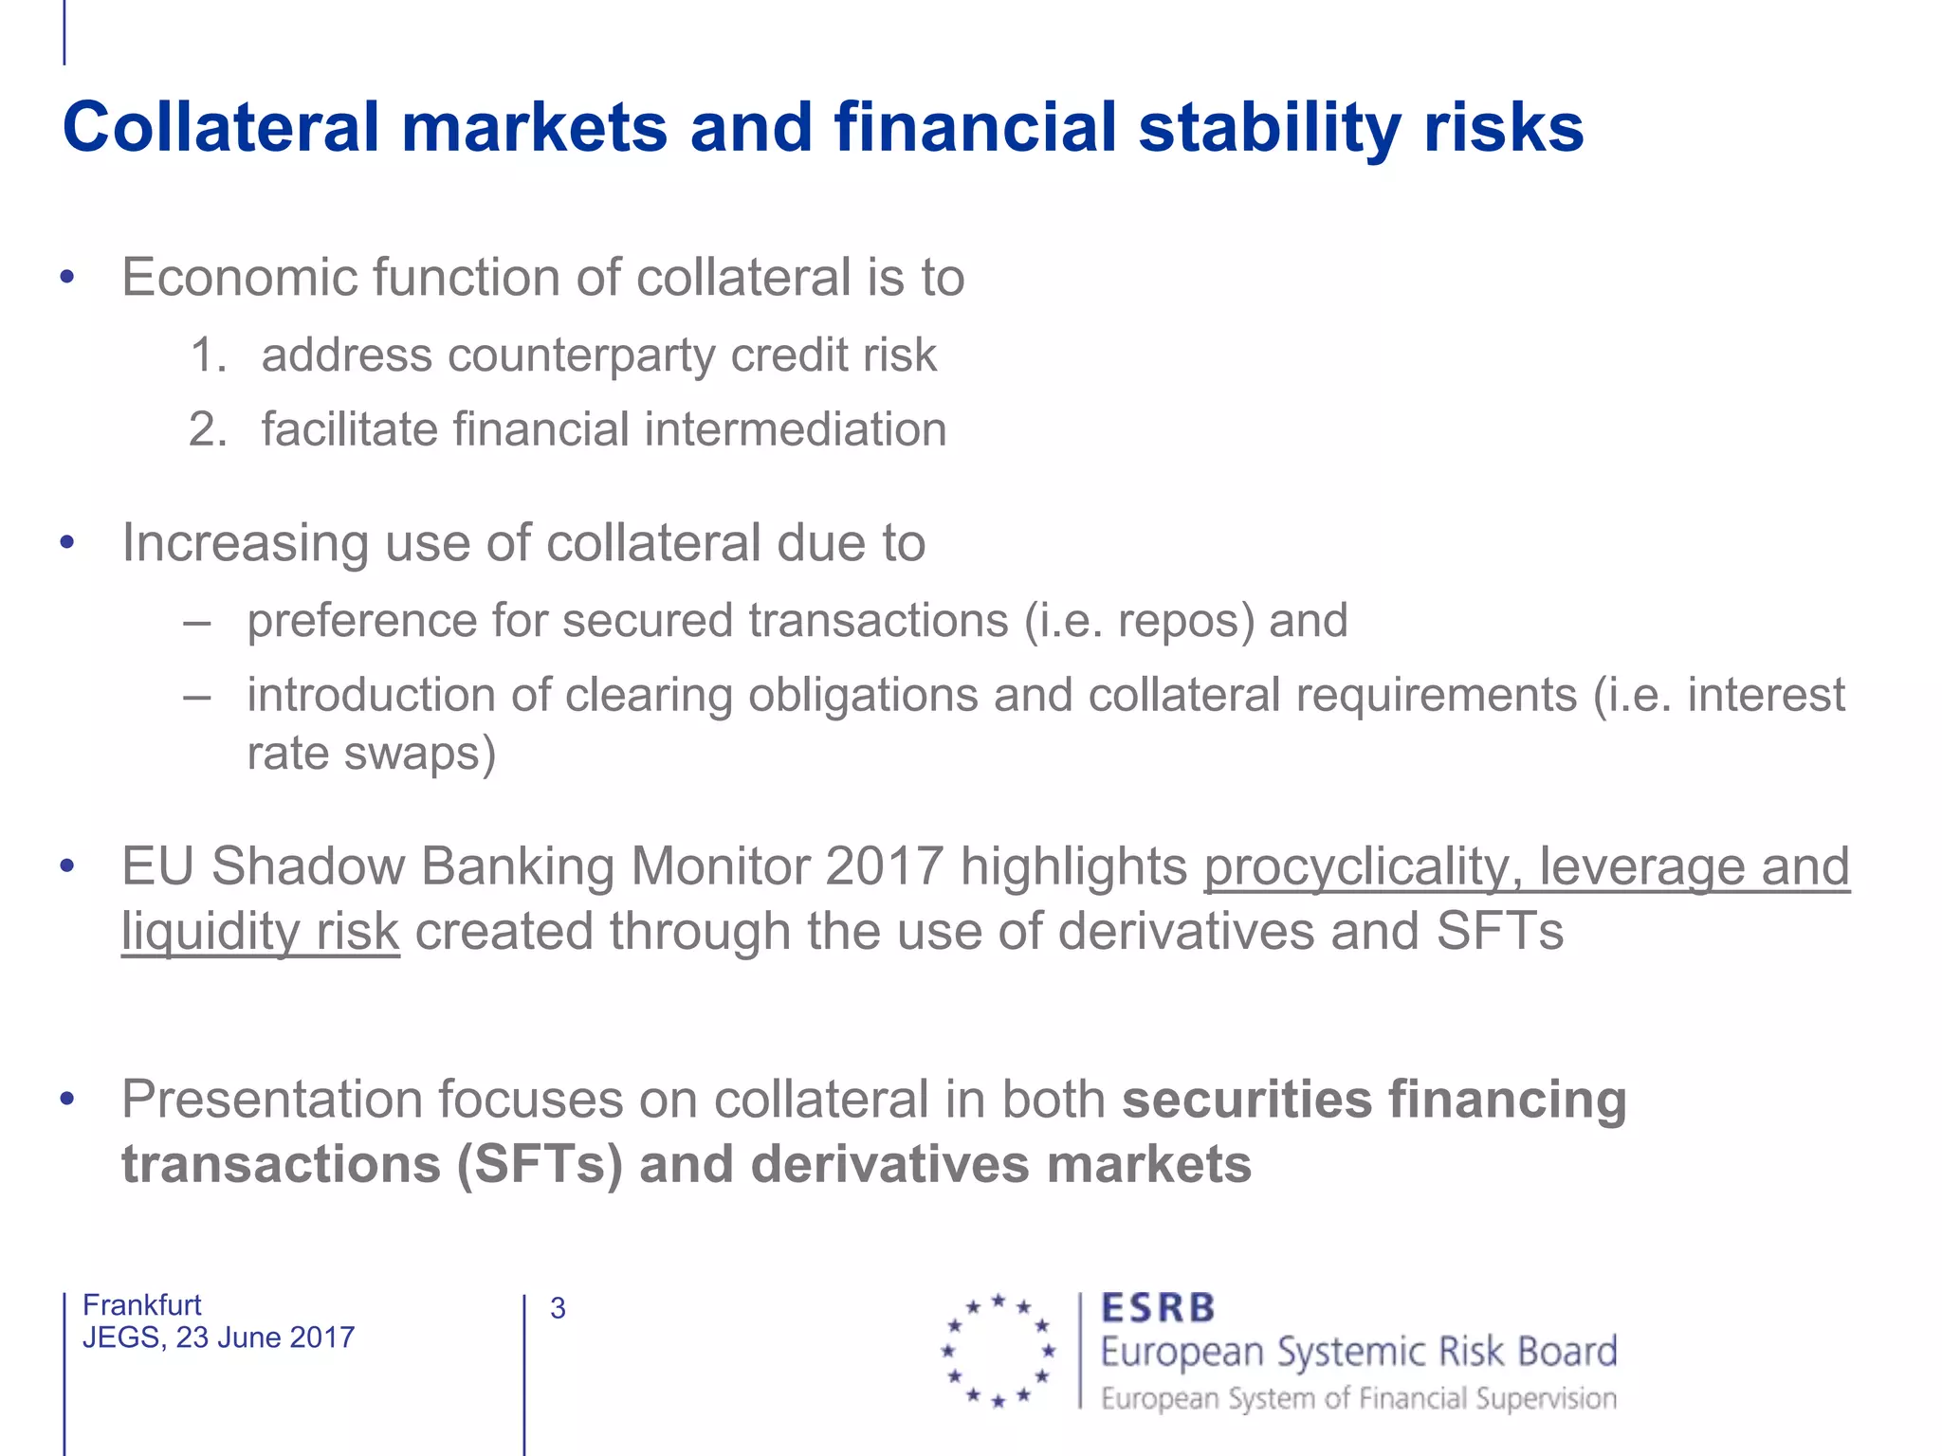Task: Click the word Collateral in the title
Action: pyautogui.click(x=221, y=128)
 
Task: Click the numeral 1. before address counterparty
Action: pyautogui.click(x=209, y=355)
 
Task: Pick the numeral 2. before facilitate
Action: pyautogui.click(x=209, y=429)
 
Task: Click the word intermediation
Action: pyautogui.click(x=796, y=429)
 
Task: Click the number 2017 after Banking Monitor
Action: pyautogui.click(x=884, y=866)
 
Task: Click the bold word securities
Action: pyautogui.click(x=1247, y=1101)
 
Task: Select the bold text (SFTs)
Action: pyautogui.click(x=539, y=1165)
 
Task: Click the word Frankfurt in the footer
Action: pyautogui.click(x=142, y=1305)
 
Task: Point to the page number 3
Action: pyautogui.click(x=558, y=1309)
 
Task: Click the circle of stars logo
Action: pyautogui.click(x=998, y=1350)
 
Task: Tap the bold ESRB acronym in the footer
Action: pyautogui.click(x=1157, y=1309)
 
